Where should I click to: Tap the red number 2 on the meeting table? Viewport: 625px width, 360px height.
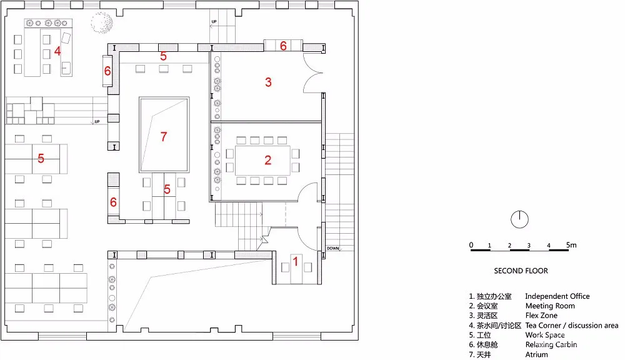(268, 161)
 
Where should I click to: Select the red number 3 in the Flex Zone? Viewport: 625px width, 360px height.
(268, 82)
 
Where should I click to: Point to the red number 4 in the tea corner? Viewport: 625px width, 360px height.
(57, 51)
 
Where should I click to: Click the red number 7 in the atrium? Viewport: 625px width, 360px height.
(164, 136)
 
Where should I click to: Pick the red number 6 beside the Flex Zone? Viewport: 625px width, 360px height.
(283, 46)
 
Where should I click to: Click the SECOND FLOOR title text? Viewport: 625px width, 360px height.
(521, 271)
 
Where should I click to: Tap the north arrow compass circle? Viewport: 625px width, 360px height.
(520, 219)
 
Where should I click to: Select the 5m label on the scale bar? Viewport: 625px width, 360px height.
(571, 245)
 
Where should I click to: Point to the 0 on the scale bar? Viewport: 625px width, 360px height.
(471, 245)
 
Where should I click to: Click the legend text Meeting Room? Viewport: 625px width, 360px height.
(549, 306)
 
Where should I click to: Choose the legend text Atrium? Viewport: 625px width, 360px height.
(536, 354)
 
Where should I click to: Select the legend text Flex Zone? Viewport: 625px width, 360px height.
(541, 316)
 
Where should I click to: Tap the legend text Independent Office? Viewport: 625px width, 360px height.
(557, 296)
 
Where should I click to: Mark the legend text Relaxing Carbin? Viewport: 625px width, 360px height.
(551, 344)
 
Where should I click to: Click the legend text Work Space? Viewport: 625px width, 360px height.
(546, 335)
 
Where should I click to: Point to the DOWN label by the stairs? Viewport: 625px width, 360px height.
(332, 249)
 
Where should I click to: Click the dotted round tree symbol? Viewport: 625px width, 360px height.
(101, 22)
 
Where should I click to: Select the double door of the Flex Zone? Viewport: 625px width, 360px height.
(312, 73)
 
